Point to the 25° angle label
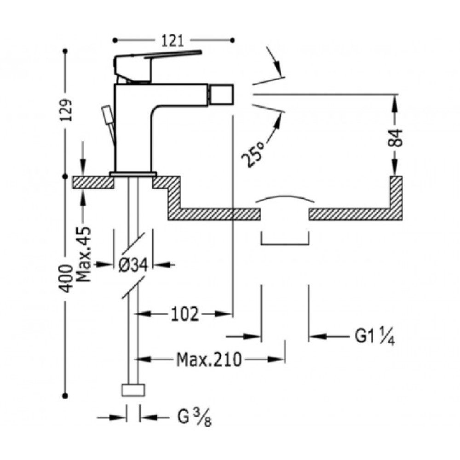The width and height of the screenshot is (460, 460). pyautogui.click(x=253, y=154)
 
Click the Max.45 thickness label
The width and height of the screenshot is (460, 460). pyautogui.click(x=83, y=254)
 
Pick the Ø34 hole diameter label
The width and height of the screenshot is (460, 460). pyautogui.click(x=133, y=265)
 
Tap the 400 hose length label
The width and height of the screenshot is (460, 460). pyautogui.click(x=66, y=278)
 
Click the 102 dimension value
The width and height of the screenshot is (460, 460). pyautogui.click(x=185, y=314)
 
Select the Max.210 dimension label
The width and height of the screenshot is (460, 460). pyautogui.click(x=209, y=359)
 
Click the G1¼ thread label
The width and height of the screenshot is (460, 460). pyautogui.click(x=375, y=337)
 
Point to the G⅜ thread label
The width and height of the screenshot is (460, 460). pyautogui.click(x=195, y=417)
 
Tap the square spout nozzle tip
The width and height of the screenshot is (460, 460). pyautogui.click(x=222, y=94)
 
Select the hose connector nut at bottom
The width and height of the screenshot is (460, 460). pyautogui.click(x=133, y=390)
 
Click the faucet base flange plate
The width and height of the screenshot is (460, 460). pyautogui.click(x=133, y=174)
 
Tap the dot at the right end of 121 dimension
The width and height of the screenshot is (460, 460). pyautogui.click(x=232, y=40)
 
